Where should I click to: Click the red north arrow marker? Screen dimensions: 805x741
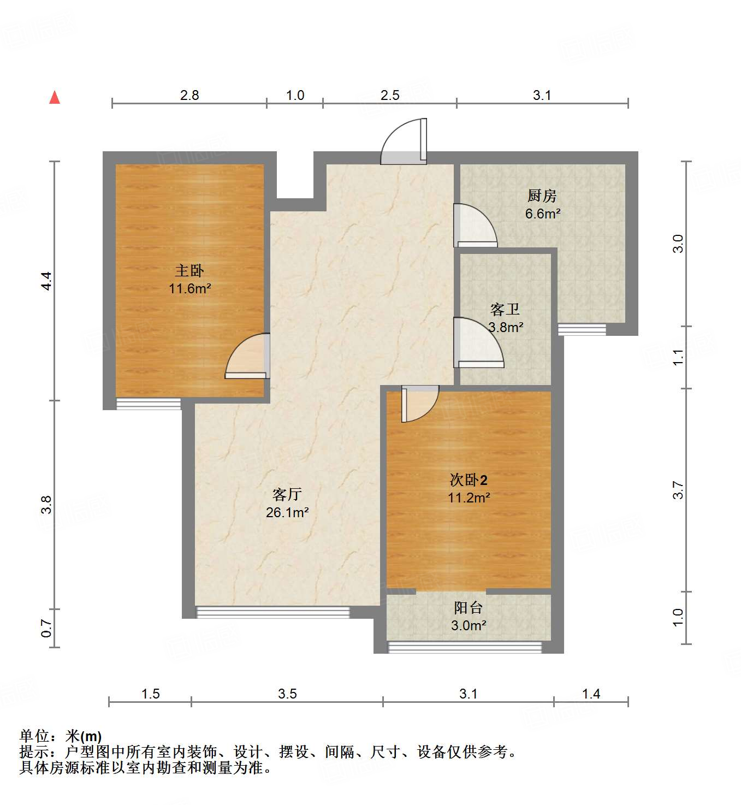tap(55, 98)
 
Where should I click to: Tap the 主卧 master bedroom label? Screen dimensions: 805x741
tap(189, 270)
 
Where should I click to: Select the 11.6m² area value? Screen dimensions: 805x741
tap(189, 288)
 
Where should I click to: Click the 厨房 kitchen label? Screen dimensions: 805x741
tap(542, 196)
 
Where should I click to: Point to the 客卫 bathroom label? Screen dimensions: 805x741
tap(505, 310)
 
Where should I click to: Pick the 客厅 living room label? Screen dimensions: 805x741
tap(287, 494)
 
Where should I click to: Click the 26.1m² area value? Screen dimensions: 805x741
tap(287, 512)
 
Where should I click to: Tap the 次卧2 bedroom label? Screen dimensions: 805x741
tap(468, 480)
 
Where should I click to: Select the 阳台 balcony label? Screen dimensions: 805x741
tap(468, 607)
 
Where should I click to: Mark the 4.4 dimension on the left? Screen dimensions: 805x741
tap(47, 281)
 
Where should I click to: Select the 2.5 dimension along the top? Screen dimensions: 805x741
tap(390, 96)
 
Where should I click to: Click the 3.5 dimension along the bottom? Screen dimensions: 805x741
tap(287, 694)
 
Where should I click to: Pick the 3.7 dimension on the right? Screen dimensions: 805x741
tap(678, 490)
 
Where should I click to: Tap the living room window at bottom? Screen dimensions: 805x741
tap(272, 612)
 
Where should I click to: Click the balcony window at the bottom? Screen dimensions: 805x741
tap(465, 648)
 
